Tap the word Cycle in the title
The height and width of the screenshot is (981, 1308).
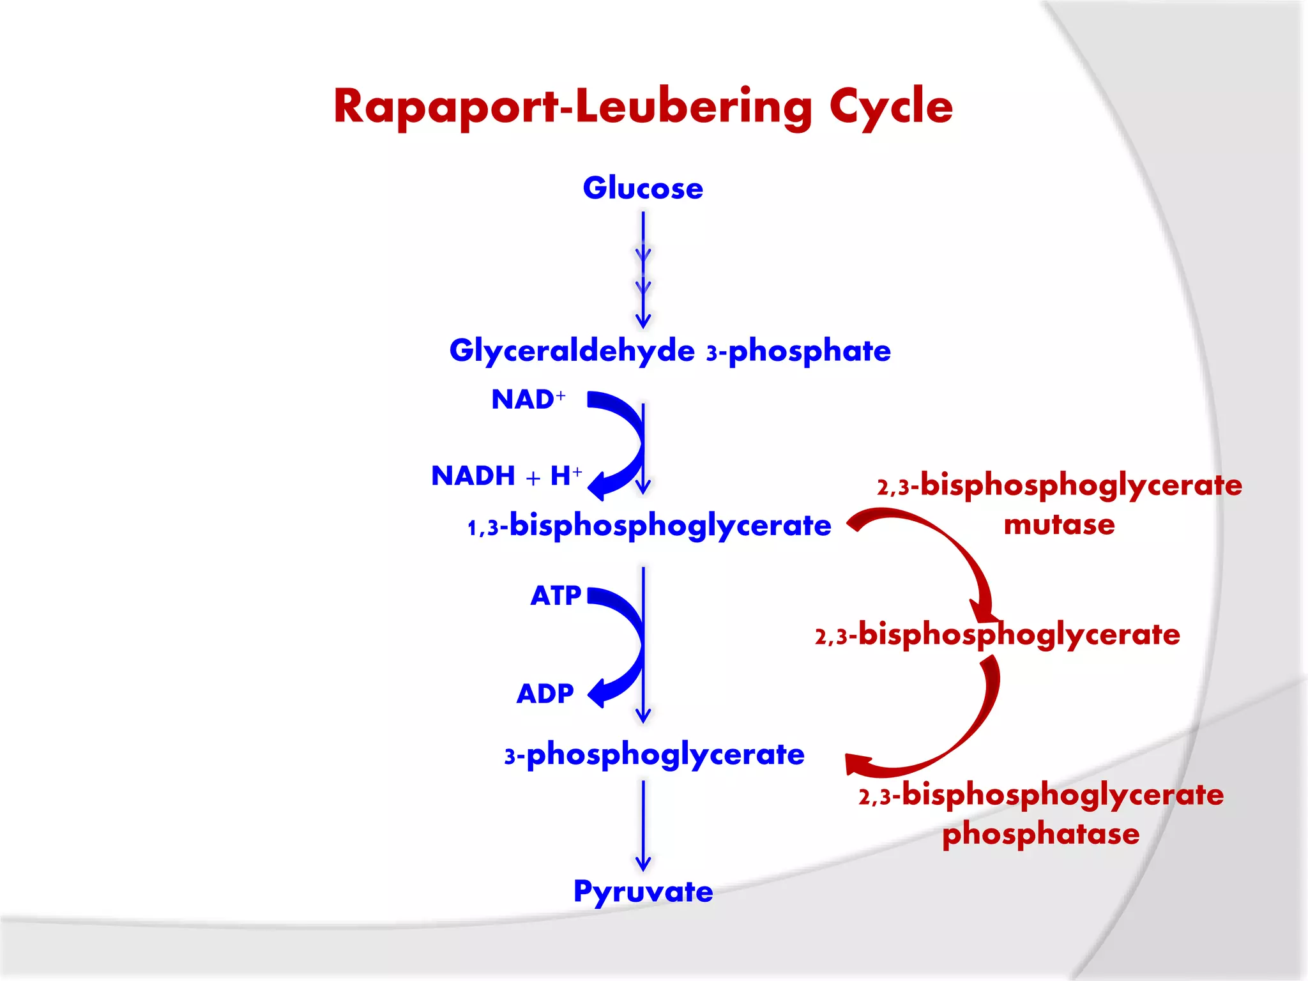891,107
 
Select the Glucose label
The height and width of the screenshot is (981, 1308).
643,188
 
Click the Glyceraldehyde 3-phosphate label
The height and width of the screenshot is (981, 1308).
670,351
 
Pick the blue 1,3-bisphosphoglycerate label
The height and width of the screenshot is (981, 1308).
649,526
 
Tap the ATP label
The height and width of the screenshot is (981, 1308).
555,596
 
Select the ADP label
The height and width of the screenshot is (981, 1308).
545,694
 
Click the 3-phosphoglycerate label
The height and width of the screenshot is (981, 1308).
654,755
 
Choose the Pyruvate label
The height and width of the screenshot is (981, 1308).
643,892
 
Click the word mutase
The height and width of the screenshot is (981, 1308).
1059,525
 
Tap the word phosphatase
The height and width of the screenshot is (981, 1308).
1040,834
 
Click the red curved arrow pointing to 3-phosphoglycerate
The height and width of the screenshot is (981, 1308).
958,734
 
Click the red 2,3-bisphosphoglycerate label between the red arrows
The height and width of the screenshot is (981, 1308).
997,635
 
